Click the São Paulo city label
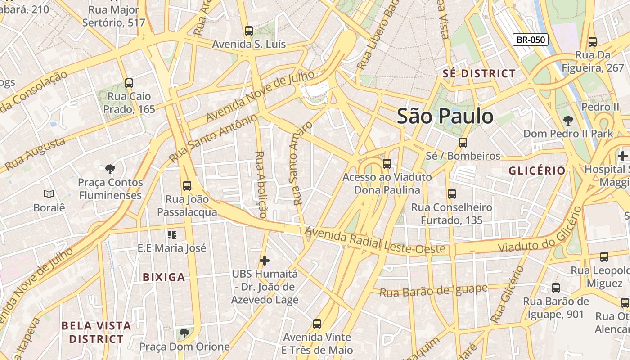point(445,116)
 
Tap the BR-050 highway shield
point(531,40)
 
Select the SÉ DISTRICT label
point(479,73)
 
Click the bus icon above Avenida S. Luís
point(249,31)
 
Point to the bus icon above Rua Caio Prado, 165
point(129,83)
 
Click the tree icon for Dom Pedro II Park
point(568,121)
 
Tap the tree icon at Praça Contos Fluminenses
point(110,169)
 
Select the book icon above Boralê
point(49,194)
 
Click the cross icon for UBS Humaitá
point(265,261)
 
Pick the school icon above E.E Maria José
point(171,234)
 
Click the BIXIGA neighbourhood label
point(164,277)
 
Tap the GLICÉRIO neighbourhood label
point(537,171)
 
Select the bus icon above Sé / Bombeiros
point(463,143)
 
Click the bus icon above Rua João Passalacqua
point(187,185)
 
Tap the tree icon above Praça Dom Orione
point(184,333)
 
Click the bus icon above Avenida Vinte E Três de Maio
point(317,324)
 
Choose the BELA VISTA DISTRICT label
point(96,332)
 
